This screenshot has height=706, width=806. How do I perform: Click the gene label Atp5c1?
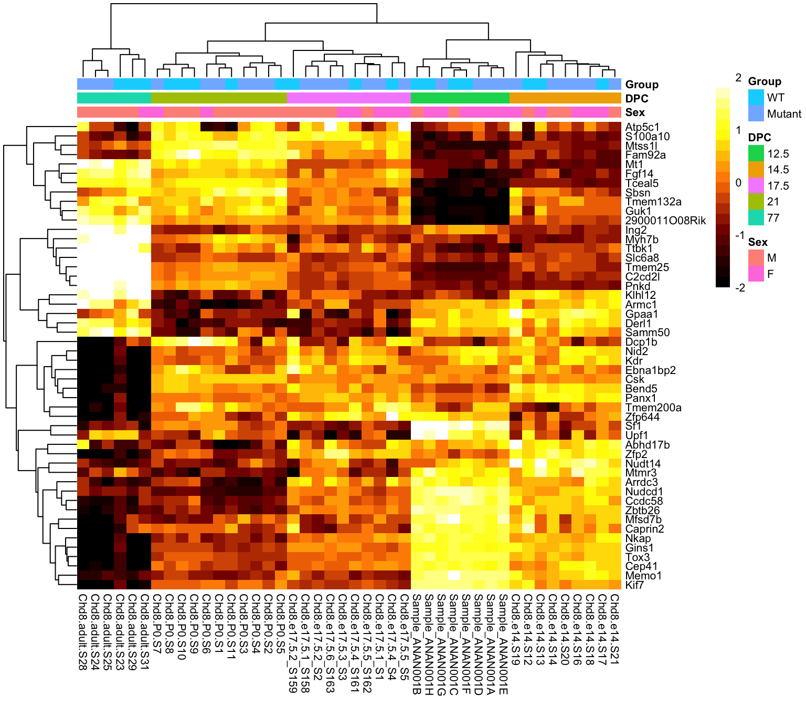(x=641, y=127)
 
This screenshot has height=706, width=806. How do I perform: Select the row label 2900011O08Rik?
(x=665, y=221)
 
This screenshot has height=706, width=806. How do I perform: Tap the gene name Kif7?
(x=634, y=585)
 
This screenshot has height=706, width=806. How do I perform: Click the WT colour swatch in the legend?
(x=756, y=97)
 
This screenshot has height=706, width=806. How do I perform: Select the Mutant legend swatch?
(x=756, y=113)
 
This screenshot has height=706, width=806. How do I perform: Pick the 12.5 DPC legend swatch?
(x=756, y=153)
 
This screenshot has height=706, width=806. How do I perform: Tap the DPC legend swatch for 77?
(x=756, y=217)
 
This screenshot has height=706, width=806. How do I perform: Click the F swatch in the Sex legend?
(x=756, y=274)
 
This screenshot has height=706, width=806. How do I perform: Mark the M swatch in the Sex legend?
(x=756, y=257)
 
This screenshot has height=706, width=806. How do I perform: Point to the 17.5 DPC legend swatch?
(x=756, y=185)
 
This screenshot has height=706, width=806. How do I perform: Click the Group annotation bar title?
(x=642, y=85)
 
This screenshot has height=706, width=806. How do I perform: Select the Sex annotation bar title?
(x=635, y=112)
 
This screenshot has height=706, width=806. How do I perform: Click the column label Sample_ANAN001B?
(x=417, y=644)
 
